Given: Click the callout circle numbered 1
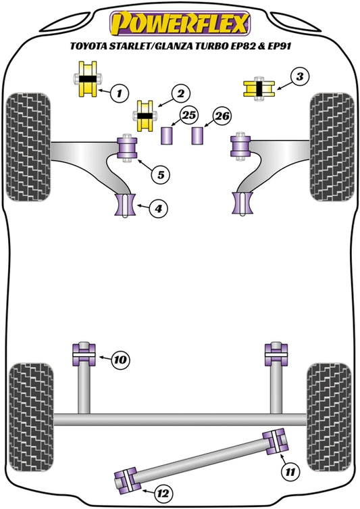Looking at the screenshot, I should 120,92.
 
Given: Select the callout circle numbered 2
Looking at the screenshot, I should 180,92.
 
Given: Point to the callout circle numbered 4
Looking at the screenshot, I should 157,210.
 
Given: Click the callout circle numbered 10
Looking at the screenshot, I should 119,360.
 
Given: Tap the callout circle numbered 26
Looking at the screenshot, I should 222,116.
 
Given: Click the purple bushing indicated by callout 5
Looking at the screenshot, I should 128,149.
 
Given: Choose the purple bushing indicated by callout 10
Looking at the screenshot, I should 83,355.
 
